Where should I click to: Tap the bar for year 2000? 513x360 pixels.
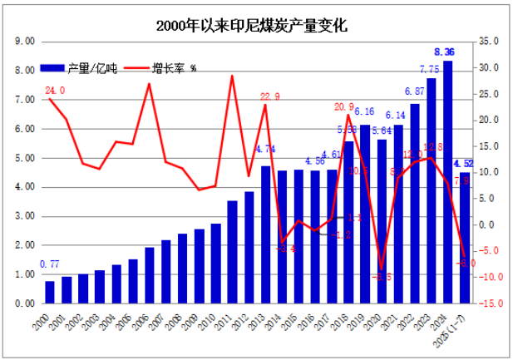click(x=50, y=293)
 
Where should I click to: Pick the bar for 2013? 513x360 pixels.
click(x=265, y=235)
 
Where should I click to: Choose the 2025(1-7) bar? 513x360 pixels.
click(x=464, y=238)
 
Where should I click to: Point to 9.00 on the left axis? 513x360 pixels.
click(x=24, y=41)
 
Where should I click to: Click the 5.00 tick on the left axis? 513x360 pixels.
click(x=24, y=158)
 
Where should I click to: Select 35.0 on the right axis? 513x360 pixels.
click(x=487, y=41)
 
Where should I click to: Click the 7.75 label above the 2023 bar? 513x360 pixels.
click(x=430, y=70)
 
